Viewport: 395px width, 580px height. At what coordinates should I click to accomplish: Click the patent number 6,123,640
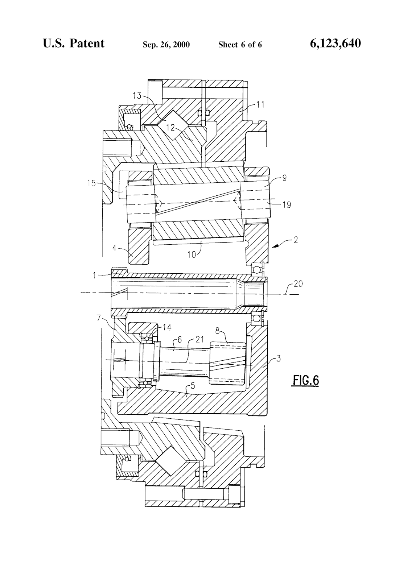335,44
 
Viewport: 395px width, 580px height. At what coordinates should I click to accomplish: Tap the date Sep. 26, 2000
166,45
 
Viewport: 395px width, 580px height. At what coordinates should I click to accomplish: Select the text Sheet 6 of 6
240,45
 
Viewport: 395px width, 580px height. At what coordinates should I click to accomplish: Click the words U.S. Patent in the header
74,43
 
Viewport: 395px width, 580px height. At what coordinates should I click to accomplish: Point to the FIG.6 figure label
305,381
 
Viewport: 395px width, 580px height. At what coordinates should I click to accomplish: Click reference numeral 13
137,96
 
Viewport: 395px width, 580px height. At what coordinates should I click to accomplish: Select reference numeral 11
261,105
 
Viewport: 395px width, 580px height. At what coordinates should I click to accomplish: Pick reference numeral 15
91,183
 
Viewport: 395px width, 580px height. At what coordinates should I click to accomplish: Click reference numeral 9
285,178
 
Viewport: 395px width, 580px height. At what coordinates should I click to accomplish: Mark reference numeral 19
287,205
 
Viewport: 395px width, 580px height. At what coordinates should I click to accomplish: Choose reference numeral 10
192,254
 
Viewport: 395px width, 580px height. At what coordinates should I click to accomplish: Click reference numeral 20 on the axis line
298,284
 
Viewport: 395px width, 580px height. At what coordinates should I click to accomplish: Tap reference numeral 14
167,327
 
